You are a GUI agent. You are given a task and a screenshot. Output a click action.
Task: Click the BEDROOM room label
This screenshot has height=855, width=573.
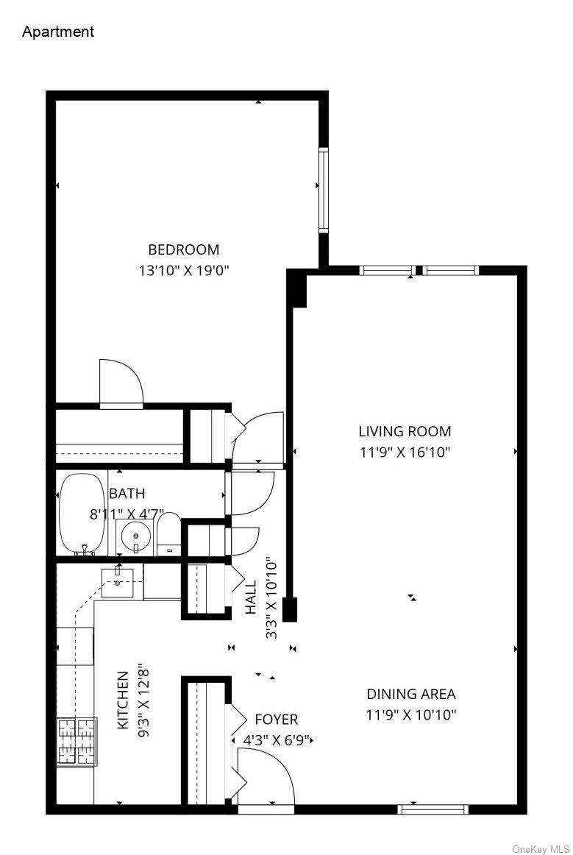184,249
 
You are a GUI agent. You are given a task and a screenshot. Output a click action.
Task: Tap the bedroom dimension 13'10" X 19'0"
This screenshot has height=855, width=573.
184,270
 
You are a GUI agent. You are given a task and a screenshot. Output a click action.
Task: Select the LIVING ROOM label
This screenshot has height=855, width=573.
405,431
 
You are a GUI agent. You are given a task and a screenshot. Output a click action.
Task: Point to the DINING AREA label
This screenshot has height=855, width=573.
411,693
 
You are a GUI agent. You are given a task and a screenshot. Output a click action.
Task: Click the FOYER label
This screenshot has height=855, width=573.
277,719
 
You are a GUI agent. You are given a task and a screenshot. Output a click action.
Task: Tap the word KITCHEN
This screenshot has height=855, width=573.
123,700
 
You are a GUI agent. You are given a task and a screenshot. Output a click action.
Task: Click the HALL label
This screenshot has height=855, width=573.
252,597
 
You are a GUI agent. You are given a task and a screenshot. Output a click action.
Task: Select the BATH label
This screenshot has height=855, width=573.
127,493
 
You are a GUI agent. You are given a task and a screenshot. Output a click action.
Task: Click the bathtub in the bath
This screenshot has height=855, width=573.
82,514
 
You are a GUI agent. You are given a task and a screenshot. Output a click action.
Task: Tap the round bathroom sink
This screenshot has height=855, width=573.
135,536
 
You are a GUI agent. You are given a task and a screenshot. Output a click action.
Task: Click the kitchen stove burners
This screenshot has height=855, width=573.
77,741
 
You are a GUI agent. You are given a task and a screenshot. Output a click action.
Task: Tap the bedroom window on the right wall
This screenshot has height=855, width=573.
323,190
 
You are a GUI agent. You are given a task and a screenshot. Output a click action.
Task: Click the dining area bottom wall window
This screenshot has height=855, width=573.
433,809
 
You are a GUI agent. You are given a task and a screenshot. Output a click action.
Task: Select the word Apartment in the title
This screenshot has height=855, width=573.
58,32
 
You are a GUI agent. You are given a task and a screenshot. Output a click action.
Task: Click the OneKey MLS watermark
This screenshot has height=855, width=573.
541,848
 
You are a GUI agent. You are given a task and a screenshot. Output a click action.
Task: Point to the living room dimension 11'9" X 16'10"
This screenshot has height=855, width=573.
405,452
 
